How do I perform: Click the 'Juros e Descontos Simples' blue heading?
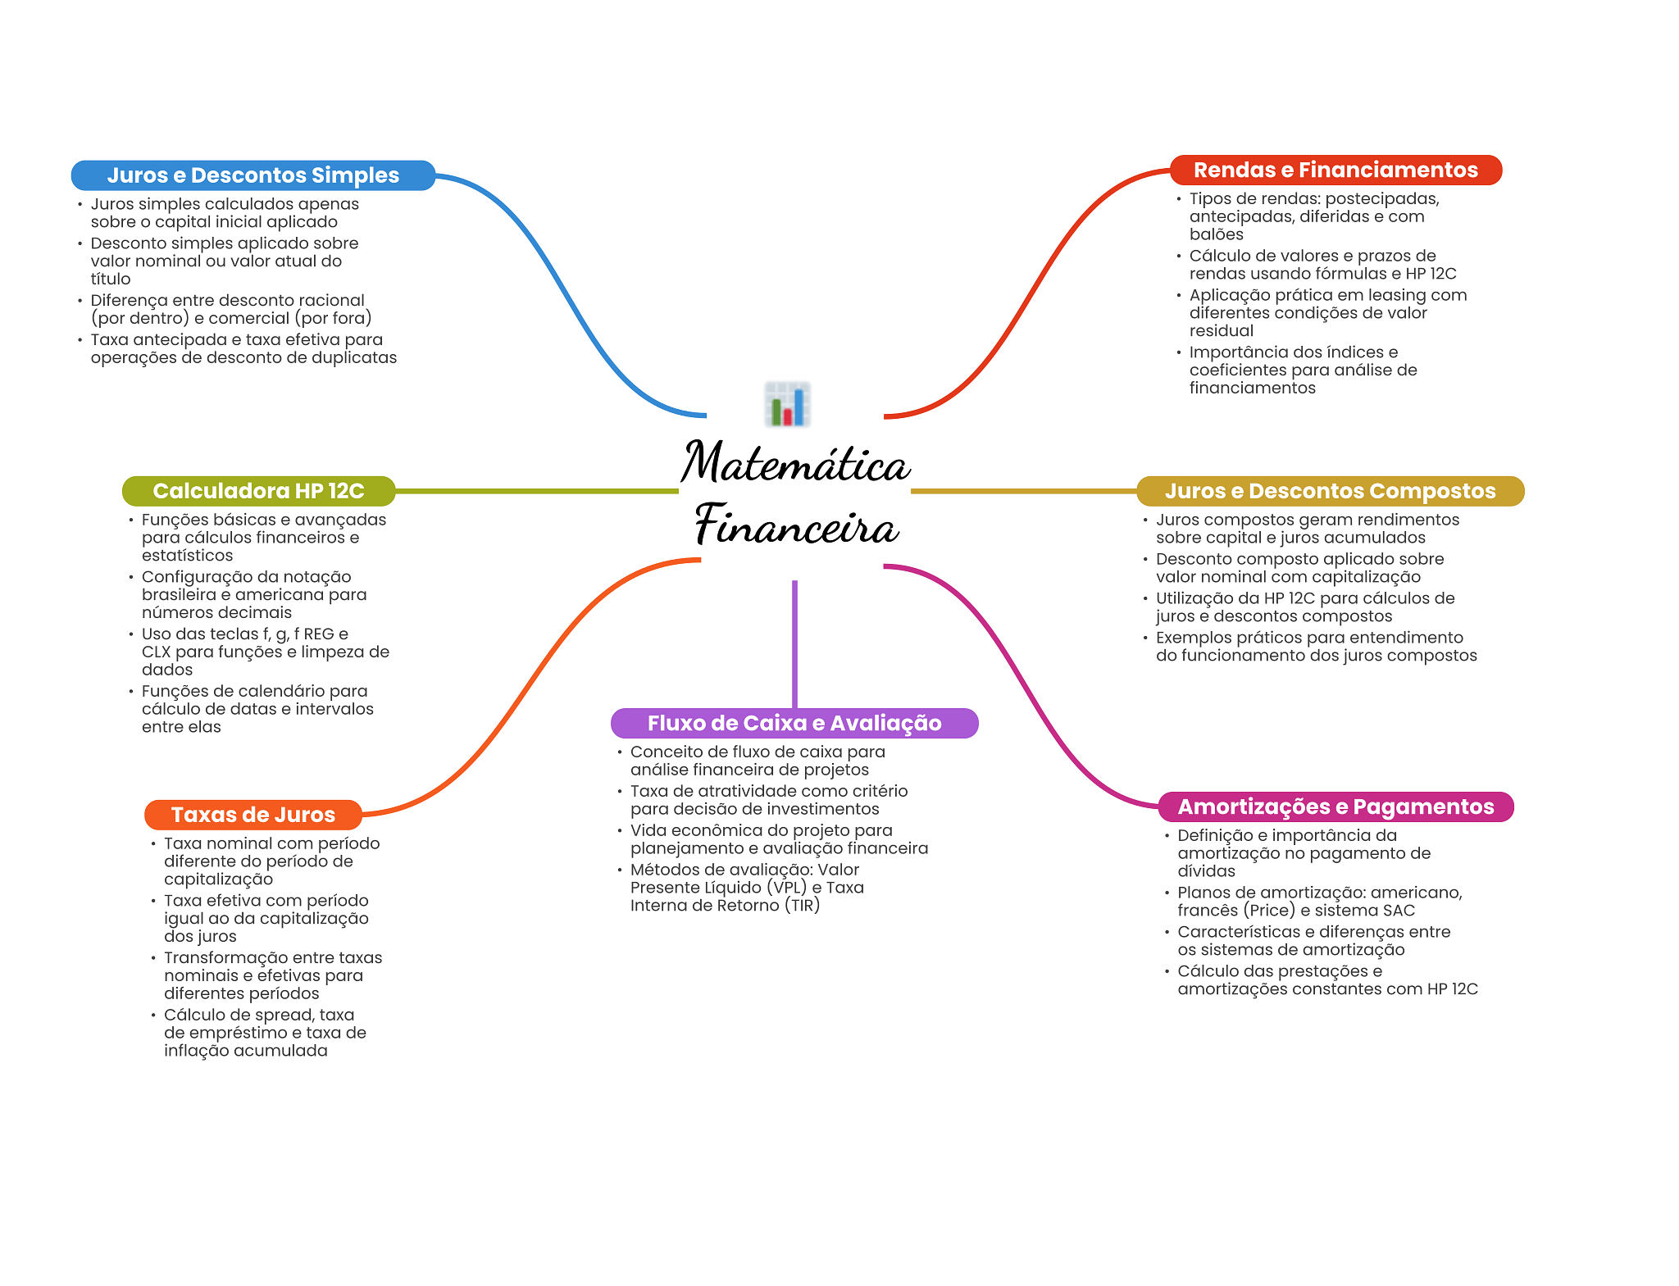coord(253,175)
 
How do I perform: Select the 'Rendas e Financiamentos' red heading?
coord(1335,170)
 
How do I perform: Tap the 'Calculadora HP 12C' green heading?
coord(258,491)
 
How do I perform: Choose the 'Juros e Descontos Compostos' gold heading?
coord(1330,491)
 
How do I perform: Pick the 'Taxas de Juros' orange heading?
coord(253,815)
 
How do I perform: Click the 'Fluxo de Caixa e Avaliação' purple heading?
coord(794,723)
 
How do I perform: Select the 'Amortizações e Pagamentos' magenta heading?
coord(1335,807)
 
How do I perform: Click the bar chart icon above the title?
coord(788,404)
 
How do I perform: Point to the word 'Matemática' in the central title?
coord(795,462)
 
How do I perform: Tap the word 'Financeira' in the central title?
coord(797,525)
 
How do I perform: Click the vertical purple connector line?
coord(794,644)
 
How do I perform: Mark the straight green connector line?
coord(537,491)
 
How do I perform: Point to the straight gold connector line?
coord(1024,491)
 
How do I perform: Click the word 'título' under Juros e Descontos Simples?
coord(111,279)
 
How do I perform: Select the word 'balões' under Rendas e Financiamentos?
coord(1217,234)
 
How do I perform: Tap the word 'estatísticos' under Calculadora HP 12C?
coord(187,556)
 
